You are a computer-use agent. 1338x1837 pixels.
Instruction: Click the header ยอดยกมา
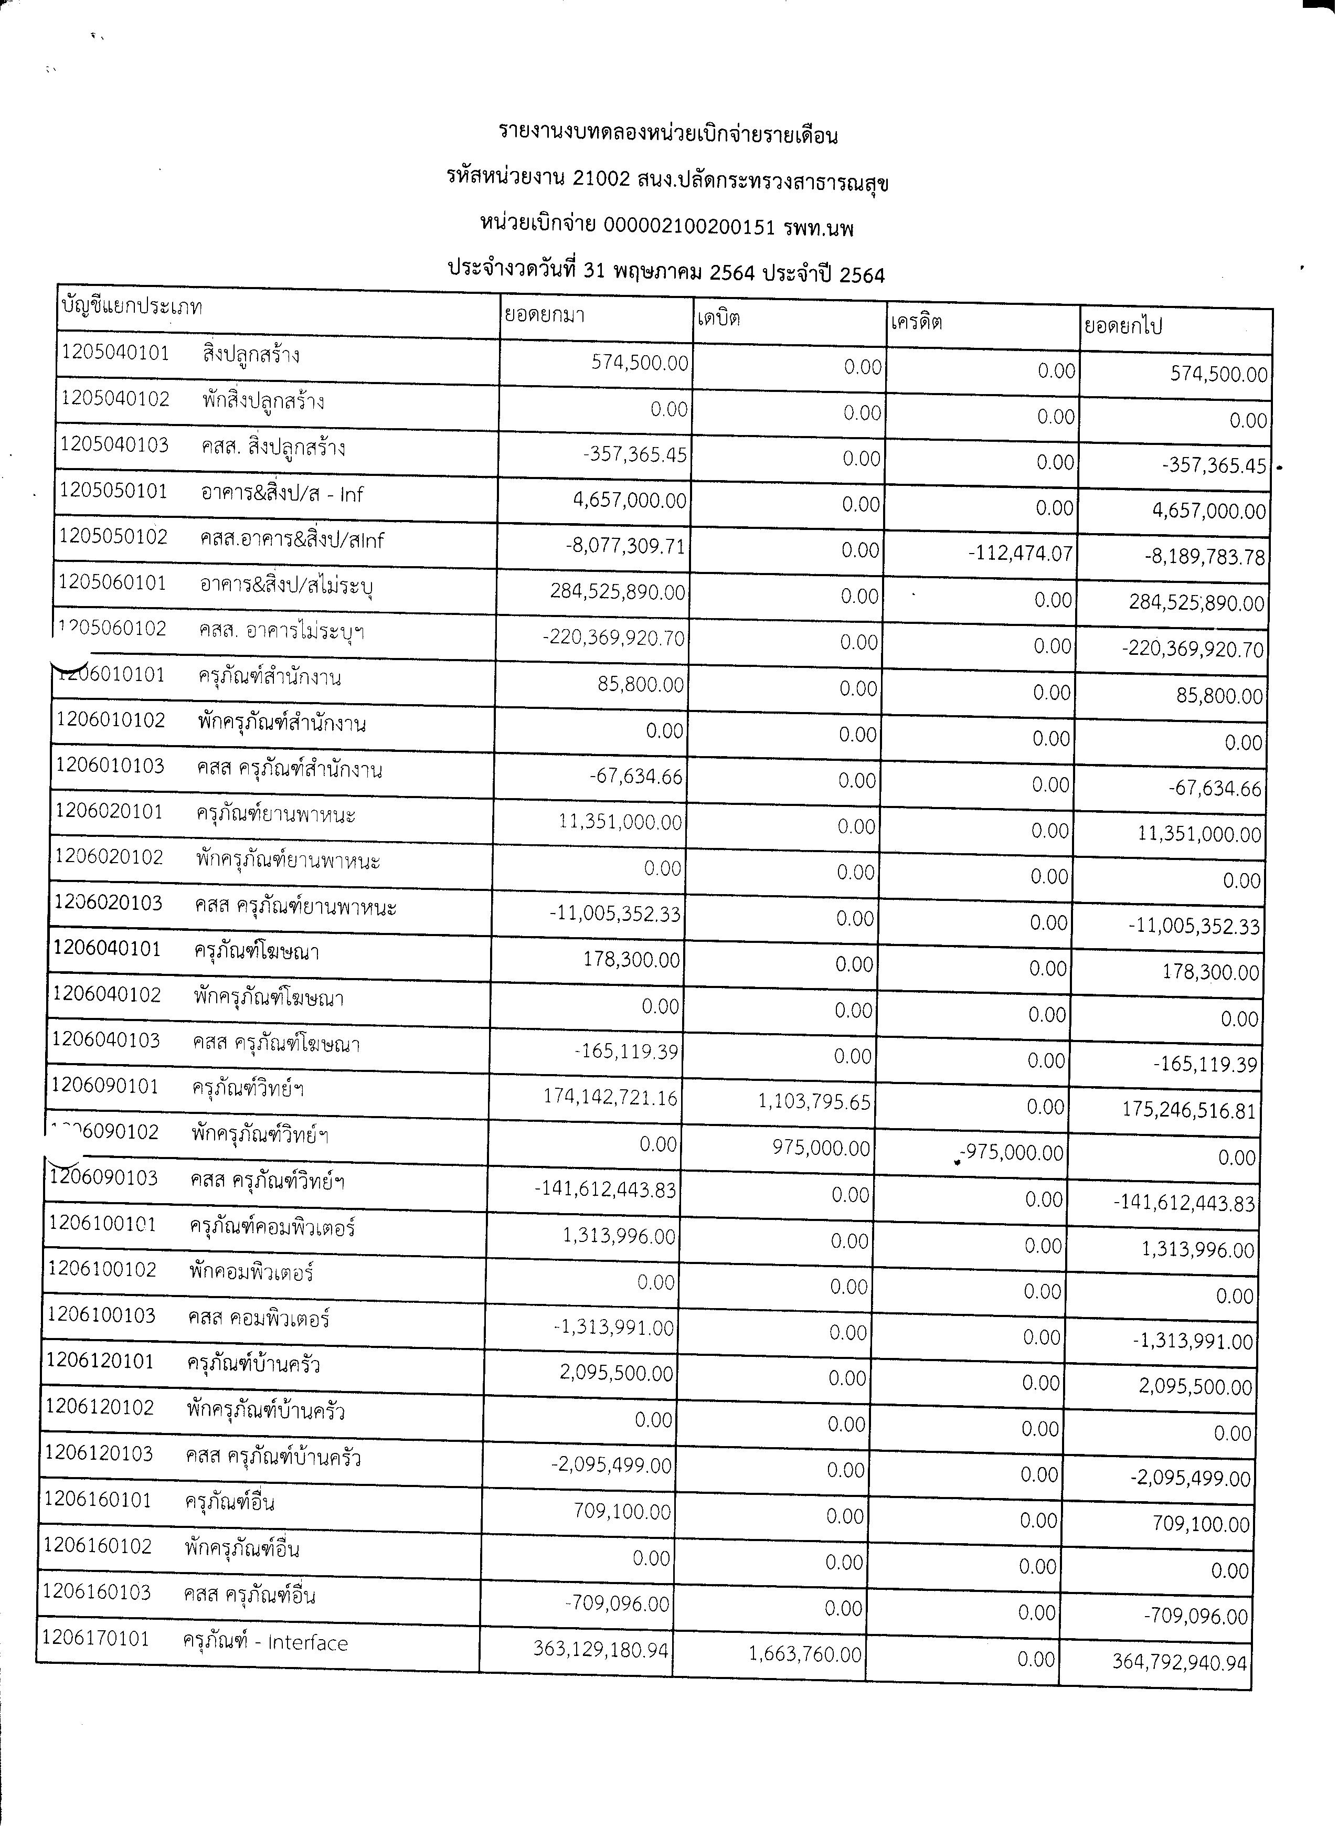[544, 314]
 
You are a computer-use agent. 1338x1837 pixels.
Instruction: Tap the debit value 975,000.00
[821, 1149]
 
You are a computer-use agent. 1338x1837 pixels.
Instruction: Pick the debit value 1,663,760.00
[805, 1654]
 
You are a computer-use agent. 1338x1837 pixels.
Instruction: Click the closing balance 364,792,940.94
[1180, 1663]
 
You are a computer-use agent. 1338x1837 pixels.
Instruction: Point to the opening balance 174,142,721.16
[611, 1098]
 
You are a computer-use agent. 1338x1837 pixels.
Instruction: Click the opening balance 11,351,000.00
[620, 822]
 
